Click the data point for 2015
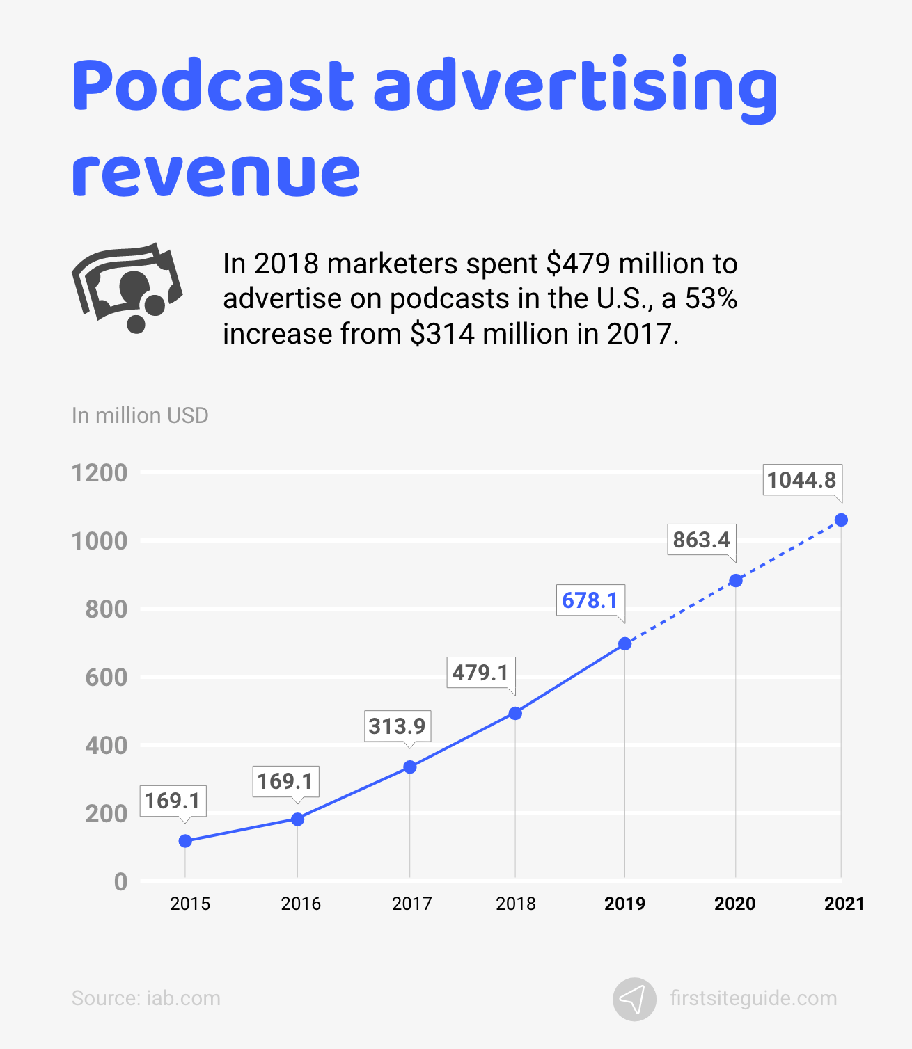coord(185,841)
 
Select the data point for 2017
coord(410,767)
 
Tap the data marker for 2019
coord(625,644)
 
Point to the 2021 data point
coord(841,520)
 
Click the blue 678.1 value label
coord(590,600)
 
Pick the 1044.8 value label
coord(801,480)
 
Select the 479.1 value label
coord(480,673)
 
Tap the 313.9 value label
coord(397,726)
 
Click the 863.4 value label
coord(701,540)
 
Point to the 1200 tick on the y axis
coord(100,473)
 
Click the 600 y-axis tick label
coord(107,677)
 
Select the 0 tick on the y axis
coord(120,881)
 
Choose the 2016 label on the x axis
coord(301,904)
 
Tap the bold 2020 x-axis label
coord(734,904)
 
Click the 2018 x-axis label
coord(516,904)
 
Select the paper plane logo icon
coord(634,999)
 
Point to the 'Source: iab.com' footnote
coord(146,998)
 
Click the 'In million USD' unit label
coord(140,415)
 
